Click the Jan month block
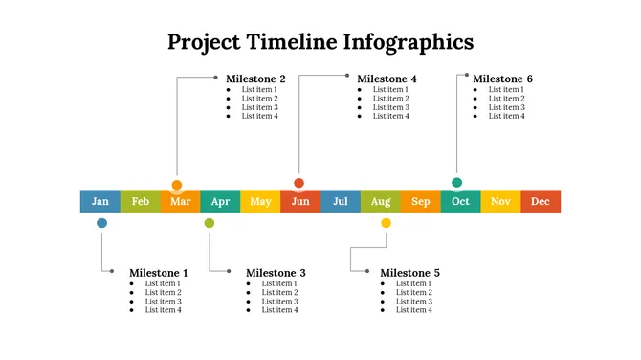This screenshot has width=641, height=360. click(100, 201)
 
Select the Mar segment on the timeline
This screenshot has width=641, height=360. click(180, 201)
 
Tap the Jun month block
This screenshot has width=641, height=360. click(300, 201)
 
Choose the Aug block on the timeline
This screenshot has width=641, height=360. click(381, 201)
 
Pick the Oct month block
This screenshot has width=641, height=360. click(460, 201)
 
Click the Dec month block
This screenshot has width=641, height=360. click(541, 201)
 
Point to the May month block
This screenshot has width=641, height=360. click(260, 201)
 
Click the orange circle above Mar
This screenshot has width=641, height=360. click(177, 185)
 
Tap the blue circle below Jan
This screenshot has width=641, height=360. click(101, 223)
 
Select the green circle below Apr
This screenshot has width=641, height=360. click(210, 223)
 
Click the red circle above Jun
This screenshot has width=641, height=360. click(299, 183)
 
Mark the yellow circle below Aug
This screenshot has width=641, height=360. click(387, 223)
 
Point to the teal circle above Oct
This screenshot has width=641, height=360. click(457, 183)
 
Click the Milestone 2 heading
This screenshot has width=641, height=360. click(255, 79)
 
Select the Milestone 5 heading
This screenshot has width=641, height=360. click(409, 273)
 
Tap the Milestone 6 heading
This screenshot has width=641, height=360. click(502, 79)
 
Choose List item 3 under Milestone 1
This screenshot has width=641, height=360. click(163, 302)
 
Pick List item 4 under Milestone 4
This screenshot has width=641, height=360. click(390, 116)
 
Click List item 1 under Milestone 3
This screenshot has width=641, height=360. click(279, 283)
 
